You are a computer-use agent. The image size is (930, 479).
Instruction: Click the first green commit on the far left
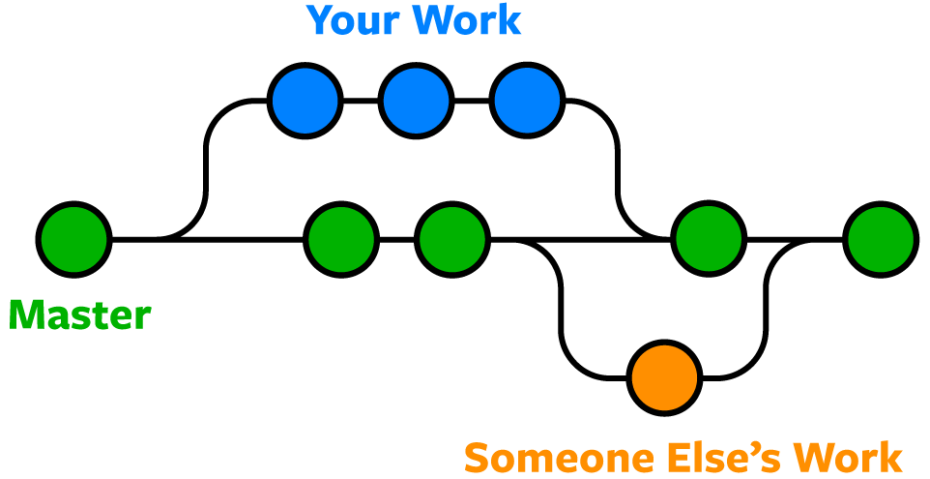pyautogui.click(x=74, y=240)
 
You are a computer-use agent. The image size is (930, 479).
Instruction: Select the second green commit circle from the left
pyautogui.click(x=341, y=240)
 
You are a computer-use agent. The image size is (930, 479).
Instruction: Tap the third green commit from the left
pyautogui.click(x=452, y=240)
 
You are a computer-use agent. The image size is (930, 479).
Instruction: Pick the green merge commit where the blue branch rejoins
pyautogui.click(x=709, y=240)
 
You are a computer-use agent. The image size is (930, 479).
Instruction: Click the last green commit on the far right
pyautogui.click(x=881, y=240)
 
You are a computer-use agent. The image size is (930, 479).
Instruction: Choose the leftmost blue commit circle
pyautogui.click(x=305, y=101)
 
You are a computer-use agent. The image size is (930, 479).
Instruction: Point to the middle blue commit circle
pyautogui.click(x=416, y=101)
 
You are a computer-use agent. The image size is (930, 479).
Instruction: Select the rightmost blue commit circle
pyautogui.click(x=527, y=101)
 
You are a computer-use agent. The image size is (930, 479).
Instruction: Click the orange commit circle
pyautogui.click(x=664, y=377)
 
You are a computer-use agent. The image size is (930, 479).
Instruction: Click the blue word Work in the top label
pyautogui.click(x=470, y=19)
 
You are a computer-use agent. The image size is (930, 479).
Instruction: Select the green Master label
pyautogui.click(x=79, y=315)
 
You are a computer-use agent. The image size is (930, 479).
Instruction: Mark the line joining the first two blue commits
pyautogui.click(x=361, y=101)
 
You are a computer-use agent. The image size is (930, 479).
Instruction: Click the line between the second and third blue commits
pyautogui.click(x=472, y=101)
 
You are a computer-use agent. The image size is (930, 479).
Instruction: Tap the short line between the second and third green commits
pyautogui.click(x=396, y=240)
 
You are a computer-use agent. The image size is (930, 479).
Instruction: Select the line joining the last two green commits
pyautogui.click(x=795, y=240)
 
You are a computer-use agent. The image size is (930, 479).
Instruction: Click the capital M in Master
pyautogui.click(x=26, y=315)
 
